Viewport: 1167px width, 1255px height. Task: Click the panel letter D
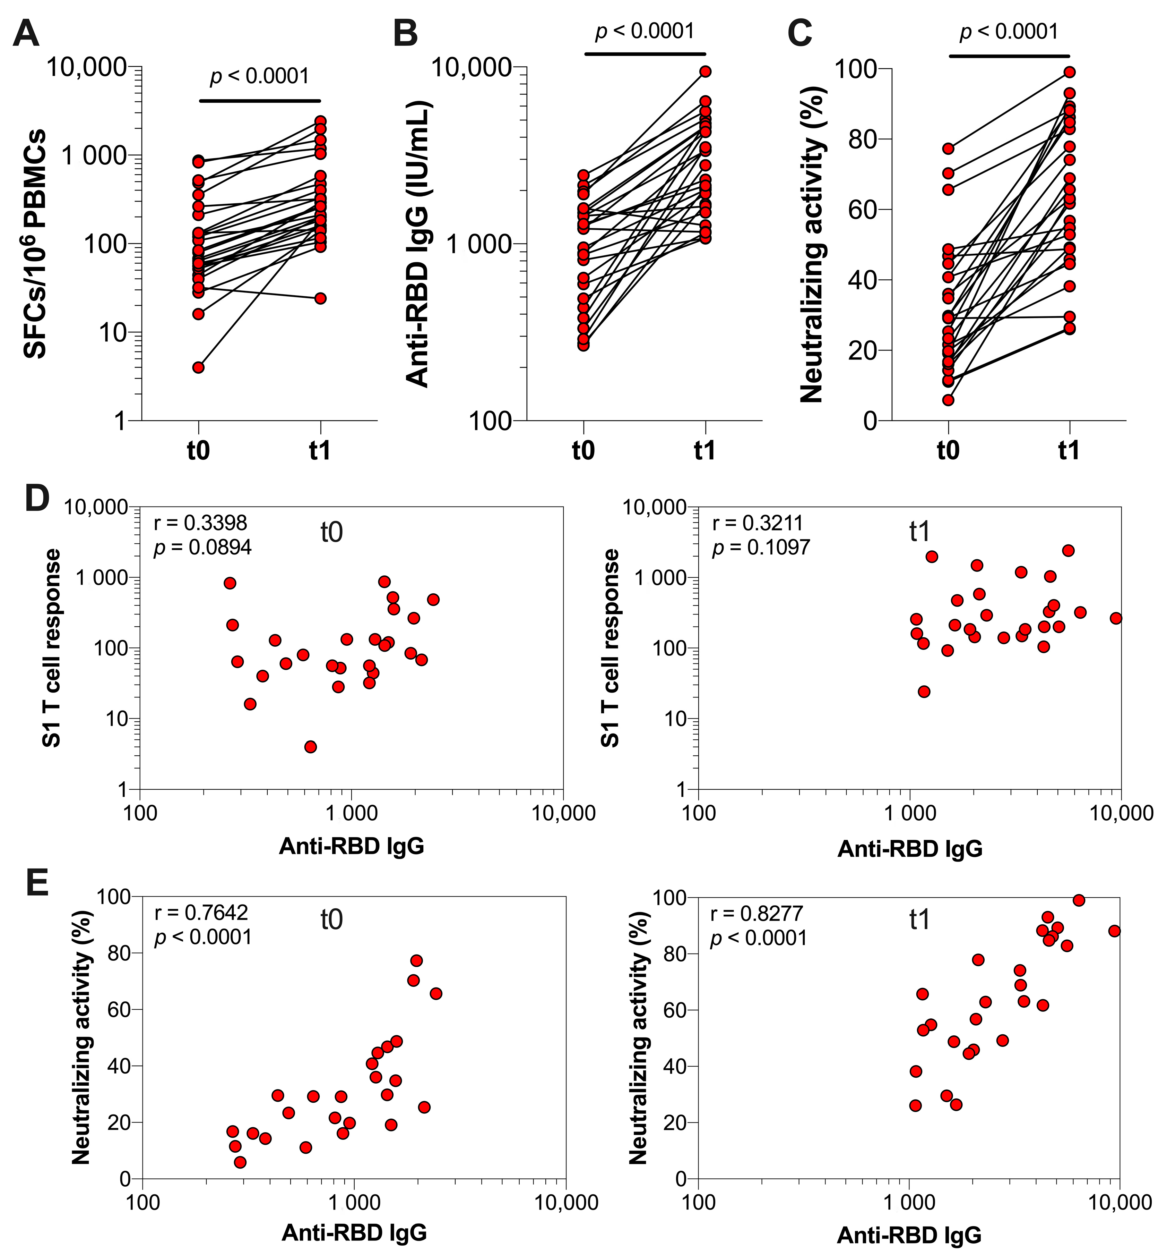coord(37,499)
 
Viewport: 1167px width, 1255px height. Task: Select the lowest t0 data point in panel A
coord(198,367)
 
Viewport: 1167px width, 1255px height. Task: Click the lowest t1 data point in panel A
coord(320,298)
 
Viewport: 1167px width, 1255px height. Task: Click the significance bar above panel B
coord(645,54)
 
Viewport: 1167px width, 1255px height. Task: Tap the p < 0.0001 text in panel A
coord(259,76)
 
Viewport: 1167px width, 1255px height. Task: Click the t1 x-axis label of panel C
coord(1069,450)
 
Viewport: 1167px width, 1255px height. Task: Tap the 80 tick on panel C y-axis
coord(862,139)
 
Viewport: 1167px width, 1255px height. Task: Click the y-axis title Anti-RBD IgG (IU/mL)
coord(417,243)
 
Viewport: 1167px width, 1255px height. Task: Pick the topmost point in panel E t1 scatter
coord(1079,900)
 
